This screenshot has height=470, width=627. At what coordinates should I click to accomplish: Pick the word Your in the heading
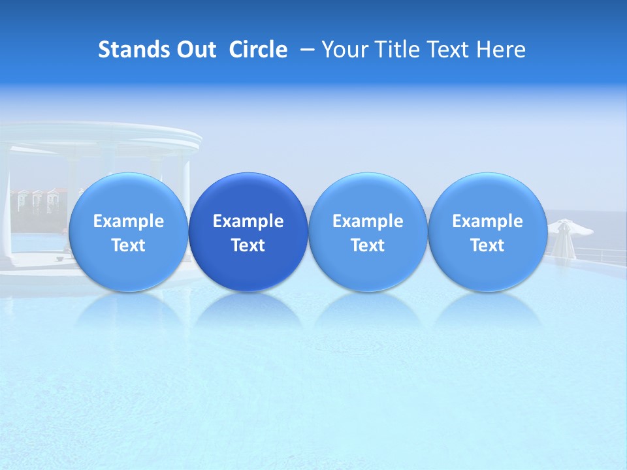344,50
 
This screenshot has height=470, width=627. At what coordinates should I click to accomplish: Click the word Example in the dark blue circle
248,221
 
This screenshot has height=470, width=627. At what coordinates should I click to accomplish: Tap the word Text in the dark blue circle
248,245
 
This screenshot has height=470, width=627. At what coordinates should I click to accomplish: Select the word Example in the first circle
129,221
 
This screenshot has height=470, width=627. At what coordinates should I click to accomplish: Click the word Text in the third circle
368,245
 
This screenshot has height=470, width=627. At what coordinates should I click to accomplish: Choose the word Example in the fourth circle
487,221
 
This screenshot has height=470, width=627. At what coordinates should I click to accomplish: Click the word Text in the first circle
129,245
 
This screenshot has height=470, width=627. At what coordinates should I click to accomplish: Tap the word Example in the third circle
368,221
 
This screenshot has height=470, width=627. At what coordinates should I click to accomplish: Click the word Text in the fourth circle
487,245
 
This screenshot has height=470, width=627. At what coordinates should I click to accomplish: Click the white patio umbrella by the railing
570,228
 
